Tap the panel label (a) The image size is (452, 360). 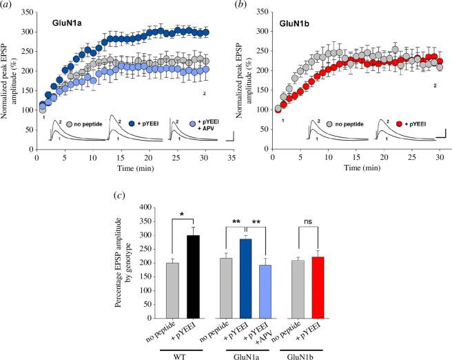point(9,6)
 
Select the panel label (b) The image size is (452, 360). point(240,6)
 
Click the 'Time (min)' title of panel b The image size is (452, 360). point(353,168)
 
